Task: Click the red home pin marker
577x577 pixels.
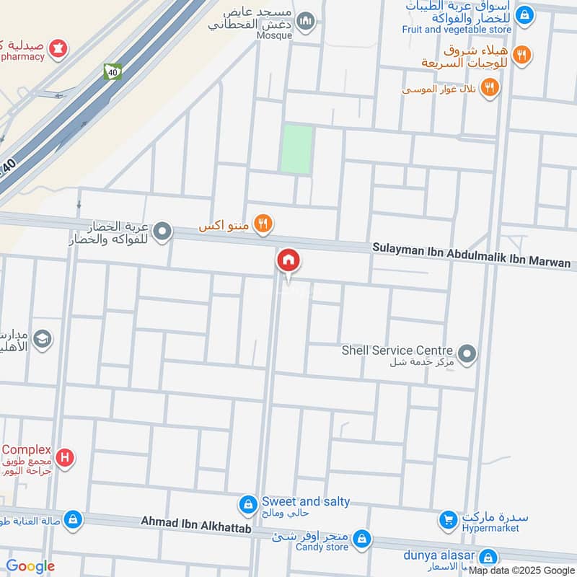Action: (288, 260)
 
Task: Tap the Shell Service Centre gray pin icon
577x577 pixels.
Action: (467, 353)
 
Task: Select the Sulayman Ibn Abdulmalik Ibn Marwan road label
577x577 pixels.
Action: (471, 255)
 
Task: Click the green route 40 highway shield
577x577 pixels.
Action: (112, 72)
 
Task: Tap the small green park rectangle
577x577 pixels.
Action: (296, 149)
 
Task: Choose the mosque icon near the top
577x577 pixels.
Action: (306, 21)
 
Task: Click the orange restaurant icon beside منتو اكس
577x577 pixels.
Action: (263, 225)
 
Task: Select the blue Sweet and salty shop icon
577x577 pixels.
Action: (247, 505)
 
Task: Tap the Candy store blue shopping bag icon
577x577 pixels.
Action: (362, 538)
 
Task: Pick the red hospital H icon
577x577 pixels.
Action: (65, 457)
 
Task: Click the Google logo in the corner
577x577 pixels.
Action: (30, 566)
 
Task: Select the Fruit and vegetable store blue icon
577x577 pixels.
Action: (526, 14)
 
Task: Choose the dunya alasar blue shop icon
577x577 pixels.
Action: (488, 558)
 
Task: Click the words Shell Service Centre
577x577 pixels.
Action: (397, 350)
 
